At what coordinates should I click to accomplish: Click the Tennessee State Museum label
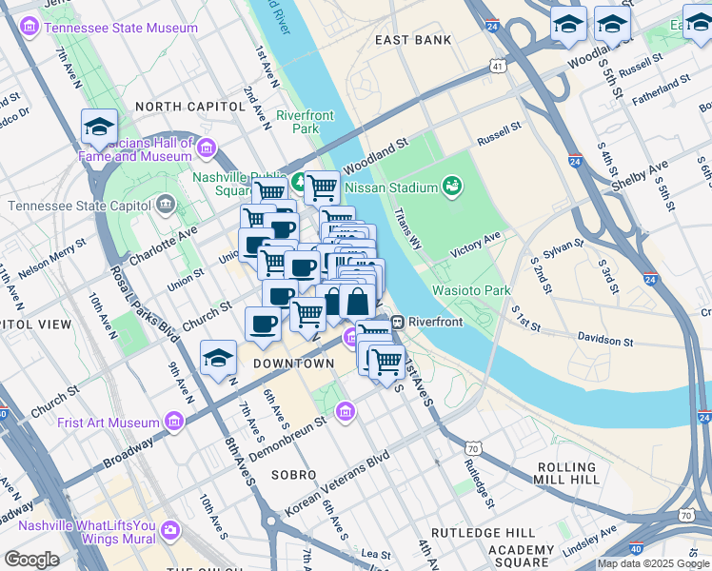(121, 28)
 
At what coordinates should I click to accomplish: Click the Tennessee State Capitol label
(81, 206)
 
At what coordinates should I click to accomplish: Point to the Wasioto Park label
(471, 290)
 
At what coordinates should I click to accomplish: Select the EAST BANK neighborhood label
(413, 40)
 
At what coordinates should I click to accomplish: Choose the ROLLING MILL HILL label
(568, 474)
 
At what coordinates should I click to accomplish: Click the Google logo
(31, 560)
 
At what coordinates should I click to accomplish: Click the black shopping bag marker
(356, 302)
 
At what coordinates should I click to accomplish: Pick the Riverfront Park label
(305, 122)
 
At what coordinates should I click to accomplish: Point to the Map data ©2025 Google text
(653, 563)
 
